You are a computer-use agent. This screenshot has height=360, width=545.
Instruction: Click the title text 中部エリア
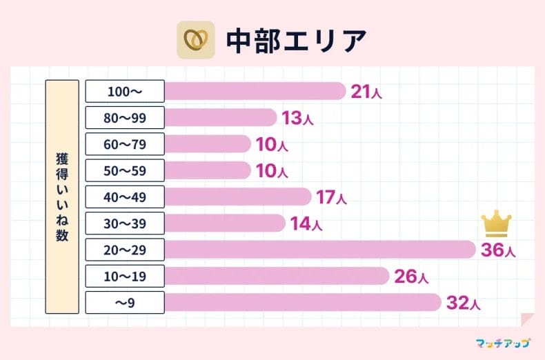[296, 41]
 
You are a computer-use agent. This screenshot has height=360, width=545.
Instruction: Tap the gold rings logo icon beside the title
[196, 41]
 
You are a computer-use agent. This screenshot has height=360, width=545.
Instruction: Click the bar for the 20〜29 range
[319, 249]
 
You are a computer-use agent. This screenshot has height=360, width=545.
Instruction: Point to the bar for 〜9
[302, 302]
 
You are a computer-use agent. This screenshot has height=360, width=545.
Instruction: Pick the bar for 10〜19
[277, 276]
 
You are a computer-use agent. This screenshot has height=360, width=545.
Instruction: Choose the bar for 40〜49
[237, 197]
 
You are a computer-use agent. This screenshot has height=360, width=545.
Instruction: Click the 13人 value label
[297, 119]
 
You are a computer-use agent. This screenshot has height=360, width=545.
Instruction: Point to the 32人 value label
[462, 303]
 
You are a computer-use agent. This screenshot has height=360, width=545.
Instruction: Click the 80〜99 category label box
[125, 117]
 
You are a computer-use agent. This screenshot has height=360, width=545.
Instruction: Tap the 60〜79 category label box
[125, 144]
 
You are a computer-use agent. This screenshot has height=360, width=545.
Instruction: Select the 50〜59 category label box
[125, 170]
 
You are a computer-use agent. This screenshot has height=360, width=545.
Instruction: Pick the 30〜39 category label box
[125, 223]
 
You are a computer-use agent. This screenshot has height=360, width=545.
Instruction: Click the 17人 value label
[331, 198]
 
